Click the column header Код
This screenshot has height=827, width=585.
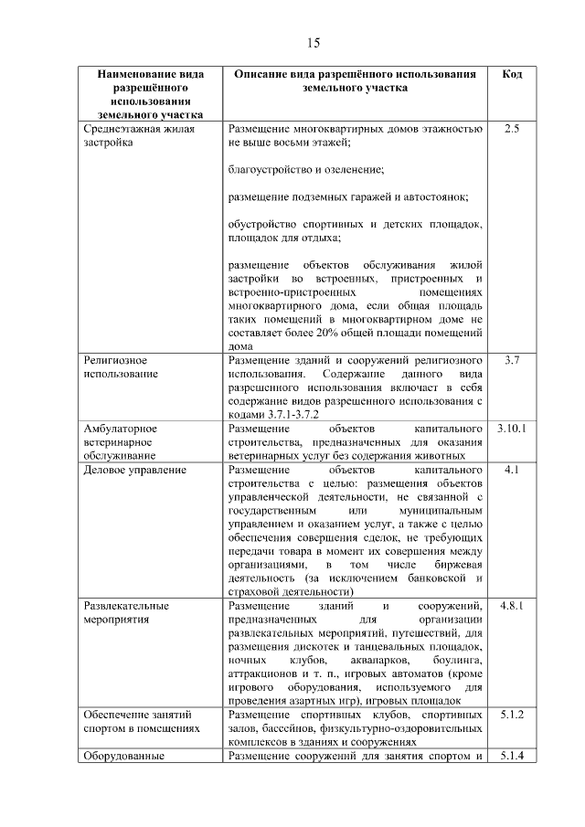point(512,73)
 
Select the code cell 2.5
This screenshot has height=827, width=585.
point(512,129)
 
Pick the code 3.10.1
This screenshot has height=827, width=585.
point(512,428)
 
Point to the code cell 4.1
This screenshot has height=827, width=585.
point(512,470)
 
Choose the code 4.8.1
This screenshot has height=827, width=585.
point(512,606)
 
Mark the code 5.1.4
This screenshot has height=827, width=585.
point(512,756)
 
